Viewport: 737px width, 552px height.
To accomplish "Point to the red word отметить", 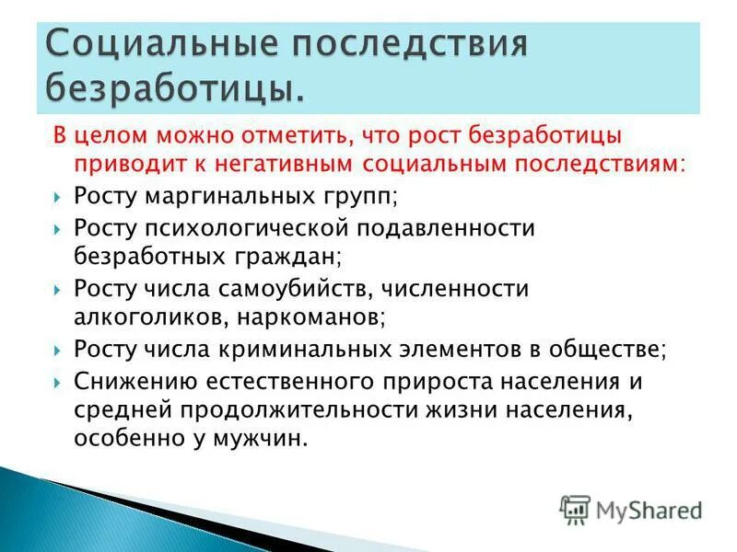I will [278, 136].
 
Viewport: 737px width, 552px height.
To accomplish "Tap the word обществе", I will [613, 351].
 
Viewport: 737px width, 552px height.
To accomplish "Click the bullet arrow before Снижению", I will [57, 382].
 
